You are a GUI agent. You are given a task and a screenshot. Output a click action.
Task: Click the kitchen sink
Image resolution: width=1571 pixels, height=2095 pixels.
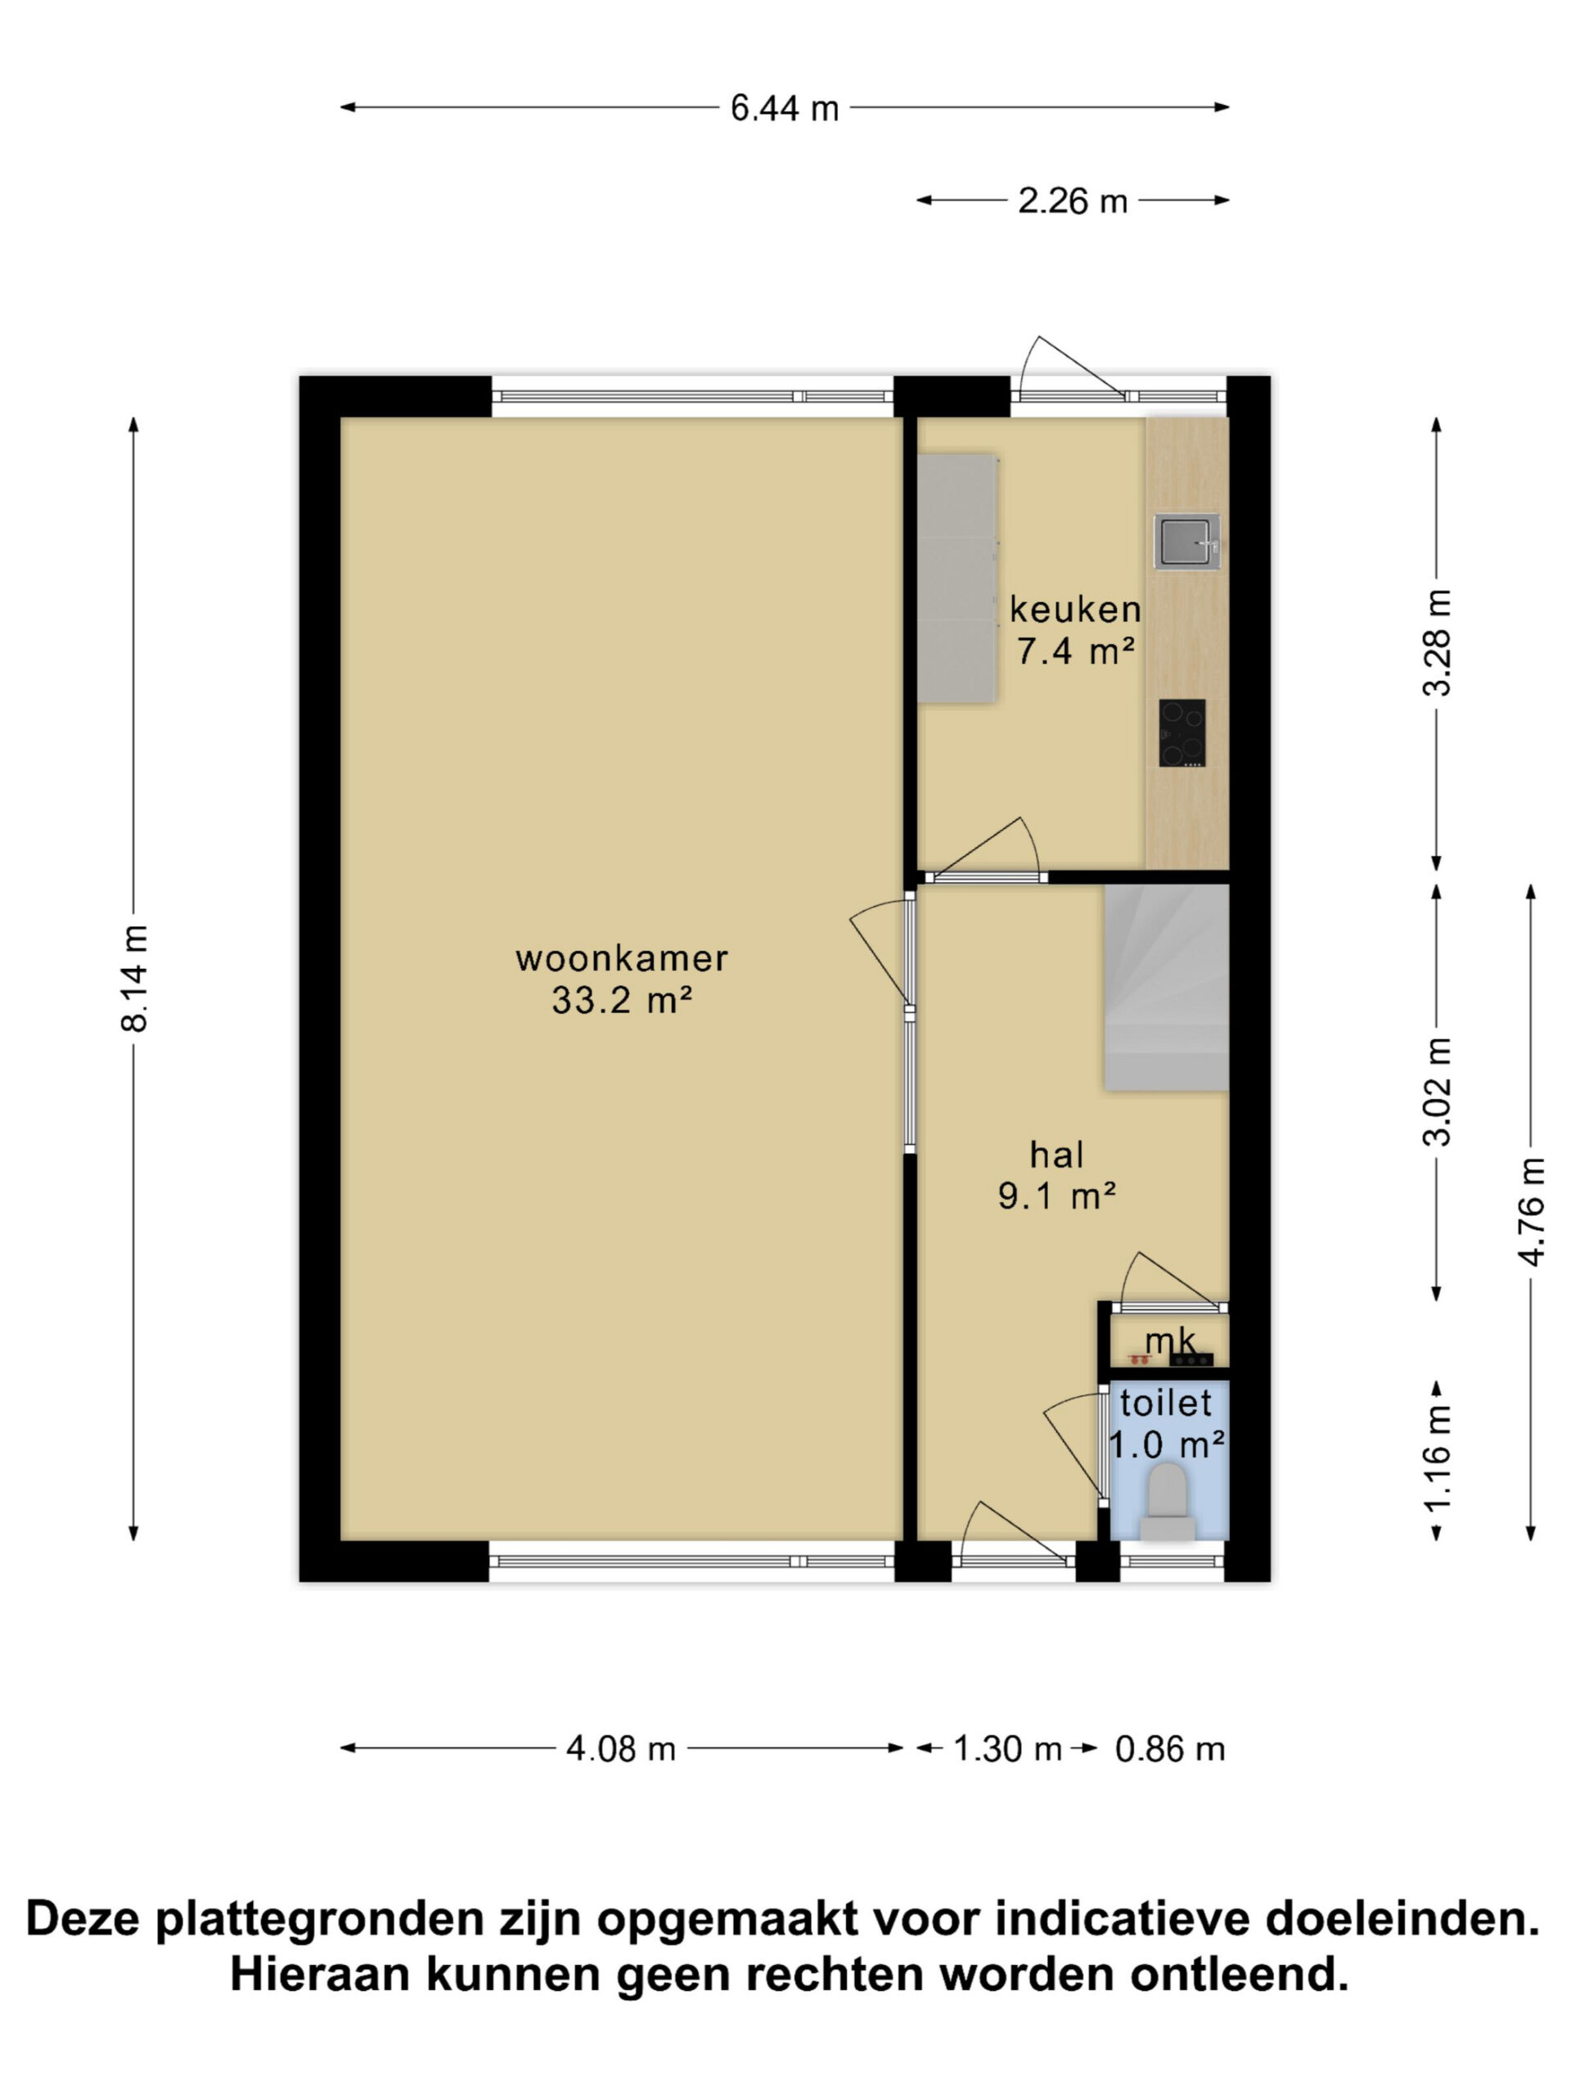1186,542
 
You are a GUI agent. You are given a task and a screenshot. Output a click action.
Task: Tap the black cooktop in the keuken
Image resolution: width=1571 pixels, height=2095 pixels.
1182,733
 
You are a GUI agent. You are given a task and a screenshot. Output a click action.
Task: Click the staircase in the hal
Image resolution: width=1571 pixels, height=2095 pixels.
1166,987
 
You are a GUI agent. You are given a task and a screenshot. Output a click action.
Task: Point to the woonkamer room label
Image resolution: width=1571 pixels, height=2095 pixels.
621,958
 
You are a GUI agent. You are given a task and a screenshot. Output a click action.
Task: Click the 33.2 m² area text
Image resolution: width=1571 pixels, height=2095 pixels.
622,1000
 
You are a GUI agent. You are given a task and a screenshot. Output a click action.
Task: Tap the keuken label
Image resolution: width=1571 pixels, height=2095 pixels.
1075,609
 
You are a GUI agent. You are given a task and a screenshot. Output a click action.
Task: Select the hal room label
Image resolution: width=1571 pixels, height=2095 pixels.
1057,1155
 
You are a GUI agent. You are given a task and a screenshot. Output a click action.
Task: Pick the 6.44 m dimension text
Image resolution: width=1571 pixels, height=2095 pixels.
784,109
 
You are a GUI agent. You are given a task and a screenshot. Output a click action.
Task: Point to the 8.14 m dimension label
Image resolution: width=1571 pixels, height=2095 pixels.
134,979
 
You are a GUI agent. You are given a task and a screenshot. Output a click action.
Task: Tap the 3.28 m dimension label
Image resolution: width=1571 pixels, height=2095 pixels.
1437,643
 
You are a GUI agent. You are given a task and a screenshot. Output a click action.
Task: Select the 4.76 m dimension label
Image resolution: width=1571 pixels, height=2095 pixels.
1531,1211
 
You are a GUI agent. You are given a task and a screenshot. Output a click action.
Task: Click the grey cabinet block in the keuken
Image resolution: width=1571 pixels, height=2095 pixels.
957,579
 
